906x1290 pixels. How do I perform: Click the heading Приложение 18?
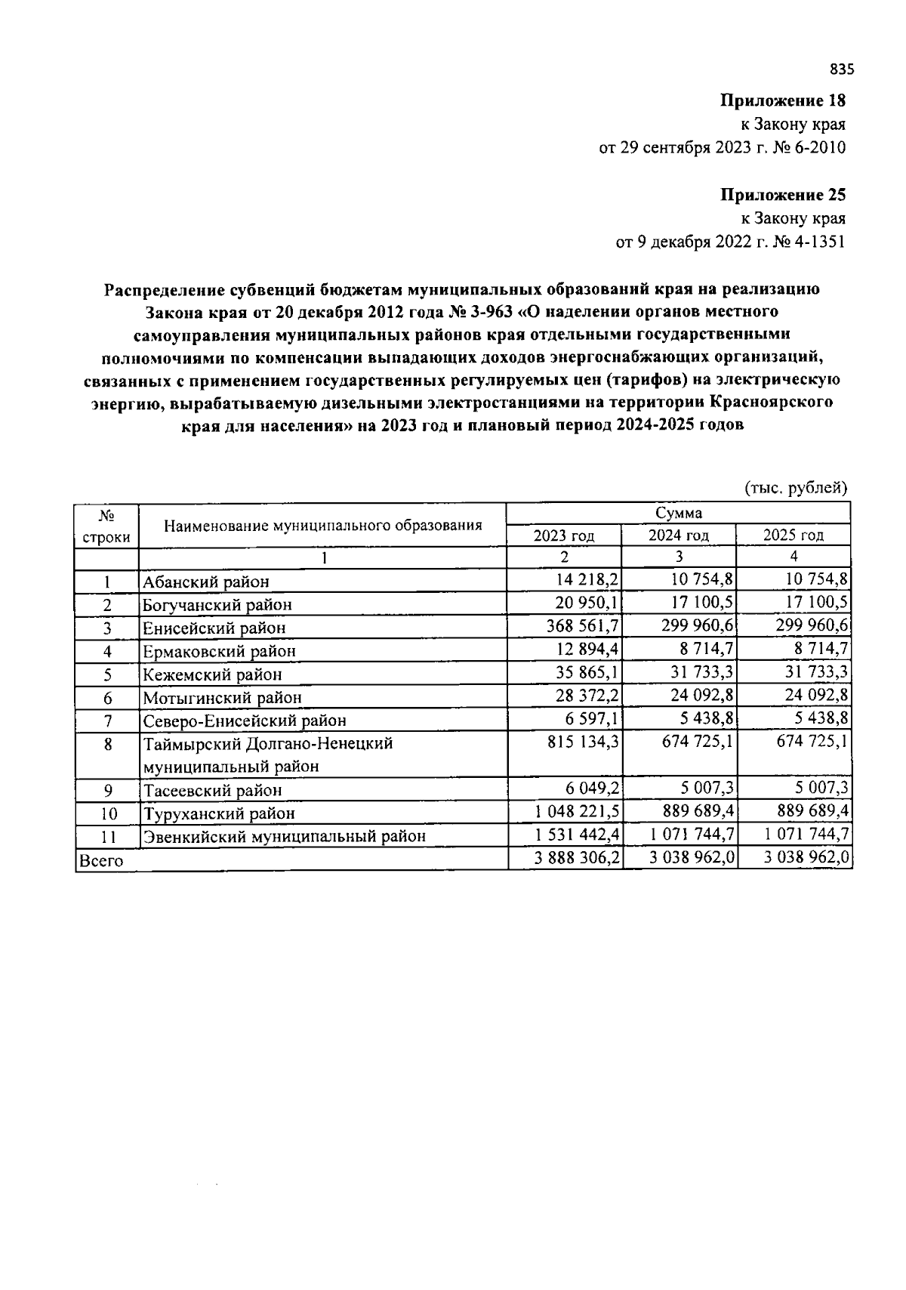click(783, 100)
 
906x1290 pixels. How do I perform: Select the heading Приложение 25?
click(783, 196)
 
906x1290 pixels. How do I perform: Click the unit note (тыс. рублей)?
click(797, 488)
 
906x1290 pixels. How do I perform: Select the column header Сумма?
click(678, 513)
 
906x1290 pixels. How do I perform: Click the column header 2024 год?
click(678, 535)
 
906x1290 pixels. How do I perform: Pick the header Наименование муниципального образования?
click(323, 525)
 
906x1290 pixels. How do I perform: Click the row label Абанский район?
click(206, 582)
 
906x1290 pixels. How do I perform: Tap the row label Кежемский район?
click(212, 674)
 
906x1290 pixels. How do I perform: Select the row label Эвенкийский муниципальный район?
click(284, 836)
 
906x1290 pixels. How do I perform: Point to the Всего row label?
click(101, 859)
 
